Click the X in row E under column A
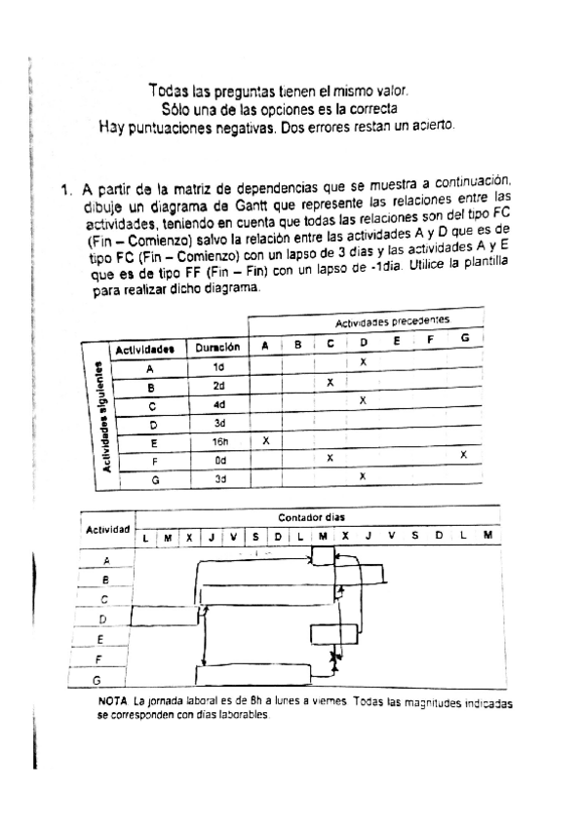[x=266, y=440]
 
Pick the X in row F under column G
[x=463, y=455]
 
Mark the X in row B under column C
[x=331, y=383]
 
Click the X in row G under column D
[x=363, y=476]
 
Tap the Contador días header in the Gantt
[x=312, y=517]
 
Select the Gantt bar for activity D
[x=164, y=615]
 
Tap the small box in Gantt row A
[x=322, y=555]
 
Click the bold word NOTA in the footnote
[x=113, y=702]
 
